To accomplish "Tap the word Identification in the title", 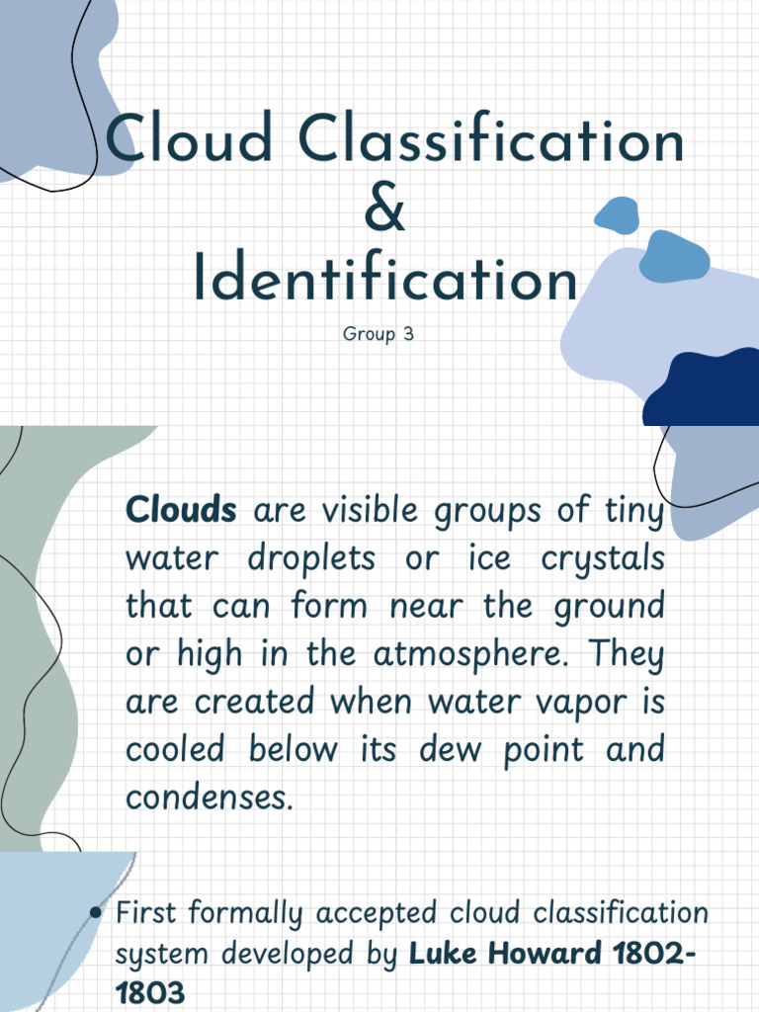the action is click(x=385, y=278).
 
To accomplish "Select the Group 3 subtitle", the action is click(x=379, y=334).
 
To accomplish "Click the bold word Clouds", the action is click(x=182, y=509).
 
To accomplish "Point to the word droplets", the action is click(x=311, y=559).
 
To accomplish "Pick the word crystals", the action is click(x=603, y=559).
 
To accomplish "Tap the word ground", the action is click(x=609, y=608).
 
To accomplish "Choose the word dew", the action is click(x=451, y=750).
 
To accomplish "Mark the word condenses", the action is click(x=210, y=798).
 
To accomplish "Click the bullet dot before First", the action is click(x=96, y=912).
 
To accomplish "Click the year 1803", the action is click(x=150, y=992).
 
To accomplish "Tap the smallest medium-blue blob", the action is click(x=617, y=214).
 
